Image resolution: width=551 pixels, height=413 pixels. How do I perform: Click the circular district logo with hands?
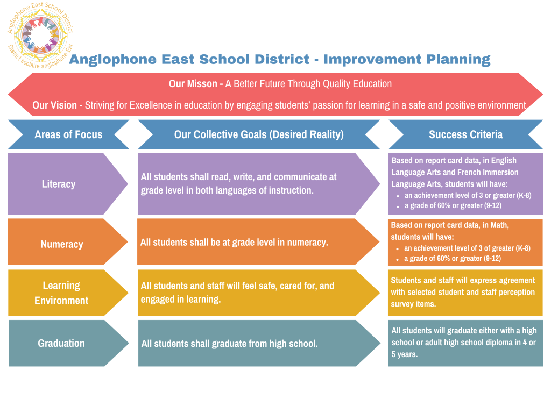pos(40,35)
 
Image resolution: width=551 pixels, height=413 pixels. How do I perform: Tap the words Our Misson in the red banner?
pos(193,83)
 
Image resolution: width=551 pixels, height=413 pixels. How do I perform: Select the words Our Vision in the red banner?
pos(54,105)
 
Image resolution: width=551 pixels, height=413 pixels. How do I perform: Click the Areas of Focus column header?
pos(68,134)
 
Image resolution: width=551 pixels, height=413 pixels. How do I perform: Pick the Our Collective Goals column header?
pos(259,134)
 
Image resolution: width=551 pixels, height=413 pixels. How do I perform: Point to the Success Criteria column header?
pos(465,134)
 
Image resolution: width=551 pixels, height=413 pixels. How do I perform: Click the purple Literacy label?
pos(59,184)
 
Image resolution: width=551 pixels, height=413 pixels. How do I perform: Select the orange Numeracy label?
pos(62,244)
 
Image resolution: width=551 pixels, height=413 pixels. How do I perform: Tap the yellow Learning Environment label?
pos(61,293)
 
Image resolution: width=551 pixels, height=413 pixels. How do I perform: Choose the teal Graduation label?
pos(61,343)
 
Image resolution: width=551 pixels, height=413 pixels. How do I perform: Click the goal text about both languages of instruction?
pos(238,183)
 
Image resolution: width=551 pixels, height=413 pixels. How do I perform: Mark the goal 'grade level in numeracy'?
pos(234,243)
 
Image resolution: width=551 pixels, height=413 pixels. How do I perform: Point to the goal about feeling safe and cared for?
pos(237,293)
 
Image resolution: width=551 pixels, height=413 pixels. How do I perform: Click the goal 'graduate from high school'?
pos(229,344)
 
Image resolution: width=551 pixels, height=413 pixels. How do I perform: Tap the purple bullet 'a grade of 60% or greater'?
pos(453,205)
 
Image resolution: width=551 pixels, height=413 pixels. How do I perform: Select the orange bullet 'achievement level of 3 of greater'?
pos(467,248)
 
